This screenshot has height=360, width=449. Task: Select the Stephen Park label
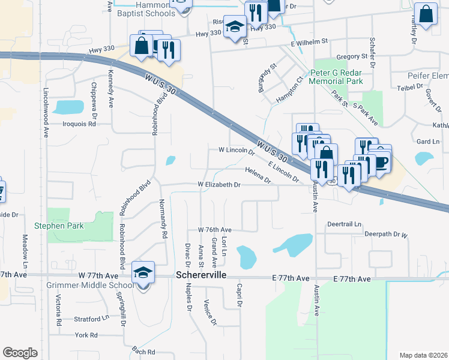[59, 226]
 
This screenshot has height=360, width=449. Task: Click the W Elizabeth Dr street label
[220, 185]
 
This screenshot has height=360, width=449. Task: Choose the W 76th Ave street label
[215, 230]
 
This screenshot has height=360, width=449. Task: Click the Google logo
[20, 353]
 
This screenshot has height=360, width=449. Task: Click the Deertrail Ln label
[345, 224]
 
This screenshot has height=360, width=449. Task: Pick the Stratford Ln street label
[91, 319]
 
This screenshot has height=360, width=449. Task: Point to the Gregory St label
[352, 56]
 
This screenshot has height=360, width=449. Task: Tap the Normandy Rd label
[163, 219]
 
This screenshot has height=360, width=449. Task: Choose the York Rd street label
[86, 335]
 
